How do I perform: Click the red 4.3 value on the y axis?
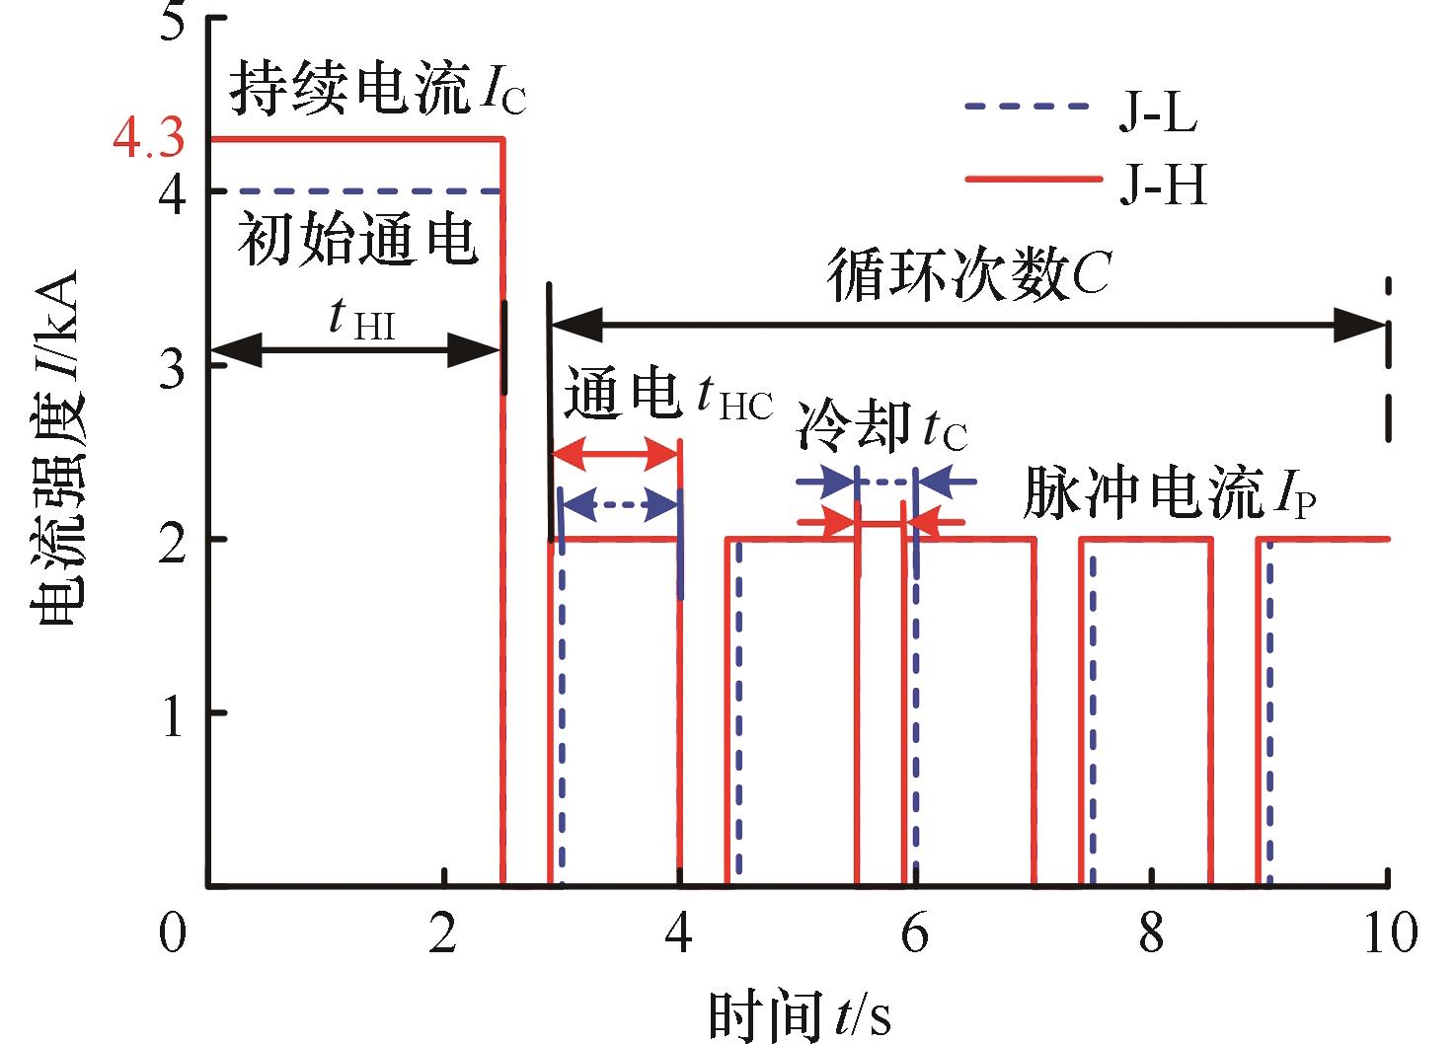(149, 138)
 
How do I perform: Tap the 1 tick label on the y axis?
(173, 717)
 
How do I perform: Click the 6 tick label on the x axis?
(915, 932)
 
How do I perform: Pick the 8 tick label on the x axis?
(1151, 932)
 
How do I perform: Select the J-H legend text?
(1163, 185)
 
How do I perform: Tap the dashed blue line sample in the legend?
(1027, 106)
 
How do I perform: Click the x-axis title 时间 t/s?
(799, 1014)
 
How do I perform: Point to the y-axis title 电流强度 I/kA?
(54, 448)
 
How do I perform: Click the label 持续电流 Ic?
(377, 89)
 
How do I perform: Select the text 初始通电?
(356, 239)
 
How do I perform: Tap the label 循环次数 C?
(968, 274)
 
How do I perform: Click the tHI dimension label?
(361, 320)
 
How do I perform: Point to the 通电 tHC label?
(668, 393)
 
